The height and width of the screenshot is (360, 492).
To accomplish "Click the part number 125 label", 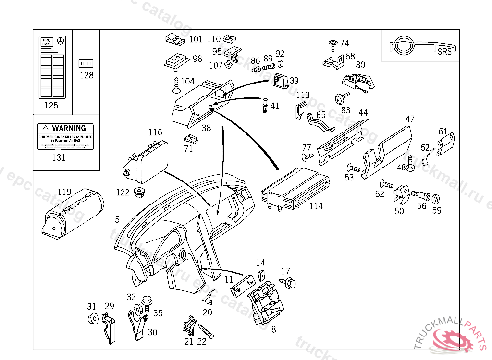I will click(x=51, y=106).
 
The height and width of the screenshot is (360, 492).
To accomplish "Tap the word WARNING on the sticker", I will click(x=69, y=128).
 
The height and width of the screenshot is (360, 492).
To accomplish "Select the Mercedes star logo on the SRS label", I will click(x=61, y=42).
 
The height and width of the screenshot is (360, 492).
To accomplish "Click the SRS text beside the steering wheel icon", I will click(x=445, y=52).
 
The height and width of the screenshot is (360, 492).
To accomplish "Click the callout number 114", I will click(x=316, y=206).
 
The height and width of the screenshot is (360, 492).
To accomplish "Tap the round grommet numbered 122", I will click(x=140, y=193).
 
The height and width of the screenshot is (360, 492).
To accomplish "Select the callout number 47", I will click(x=410, y=119).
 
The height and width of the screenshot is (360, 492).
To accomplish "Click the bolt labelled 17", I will click(x=290, y=283).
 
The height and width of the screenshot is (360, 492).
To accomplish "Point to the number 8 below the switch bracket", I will click(x=274, y=329).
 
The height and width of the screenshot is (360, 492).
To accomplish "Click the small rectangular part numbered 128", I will click(x=86, y=63).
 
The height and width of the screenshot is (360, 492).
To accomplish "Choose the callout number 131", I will click(x=59, y=157).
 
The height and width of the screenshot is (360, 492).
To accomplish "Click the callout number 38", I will click(x=206, y=128).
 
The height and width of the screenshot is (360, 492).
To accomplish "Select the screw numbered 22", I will click(x=206, y=331).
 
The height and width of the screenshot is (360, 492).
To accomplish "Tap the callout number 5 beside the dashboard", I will click(x=117, y=220).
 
